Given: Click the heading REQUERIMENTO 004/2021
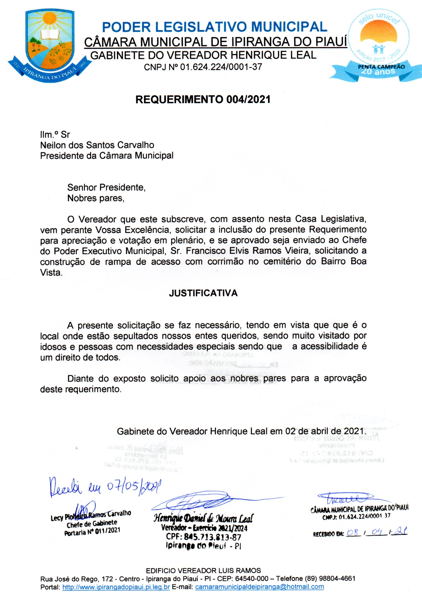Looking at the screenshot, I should (x=203, y=100).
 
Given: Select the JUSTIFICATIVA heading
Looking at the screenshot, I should (x=203, y=293).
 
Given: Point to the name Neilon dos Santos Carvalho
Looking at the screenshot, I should (x=97, y=145).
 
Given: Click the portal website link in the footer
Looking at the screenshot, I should (x=116, y=587).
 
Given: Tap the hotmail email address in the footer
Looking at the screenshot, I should (x=259, y=587).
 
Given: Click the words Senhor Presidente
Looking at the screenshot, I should (x=106, y=187).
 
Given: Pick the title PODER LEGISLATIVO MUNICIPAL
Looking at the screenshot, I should (x=214, y=27).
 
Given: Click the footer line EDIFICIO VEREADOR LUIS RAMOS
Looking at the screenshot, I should (x=203, y=570).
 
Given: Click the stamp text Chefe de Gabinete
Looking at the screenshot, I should (x=92, y=523).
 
